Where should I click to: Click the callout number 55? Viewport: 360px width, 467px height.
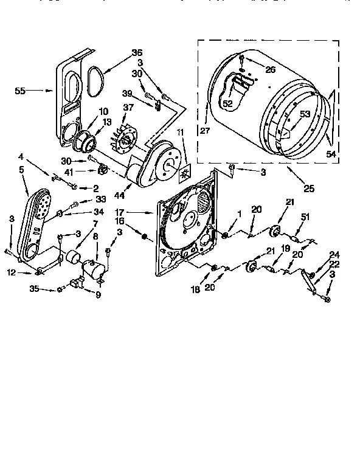tap(20, 91)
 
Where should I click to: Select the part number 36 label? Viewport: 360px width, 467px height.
tap(137, 52)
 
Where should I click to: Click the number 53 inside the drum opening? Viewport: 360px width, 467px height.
tap(303, 114)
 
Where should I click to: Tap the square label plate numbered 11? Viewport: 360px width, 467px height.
tap(183, 173)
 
